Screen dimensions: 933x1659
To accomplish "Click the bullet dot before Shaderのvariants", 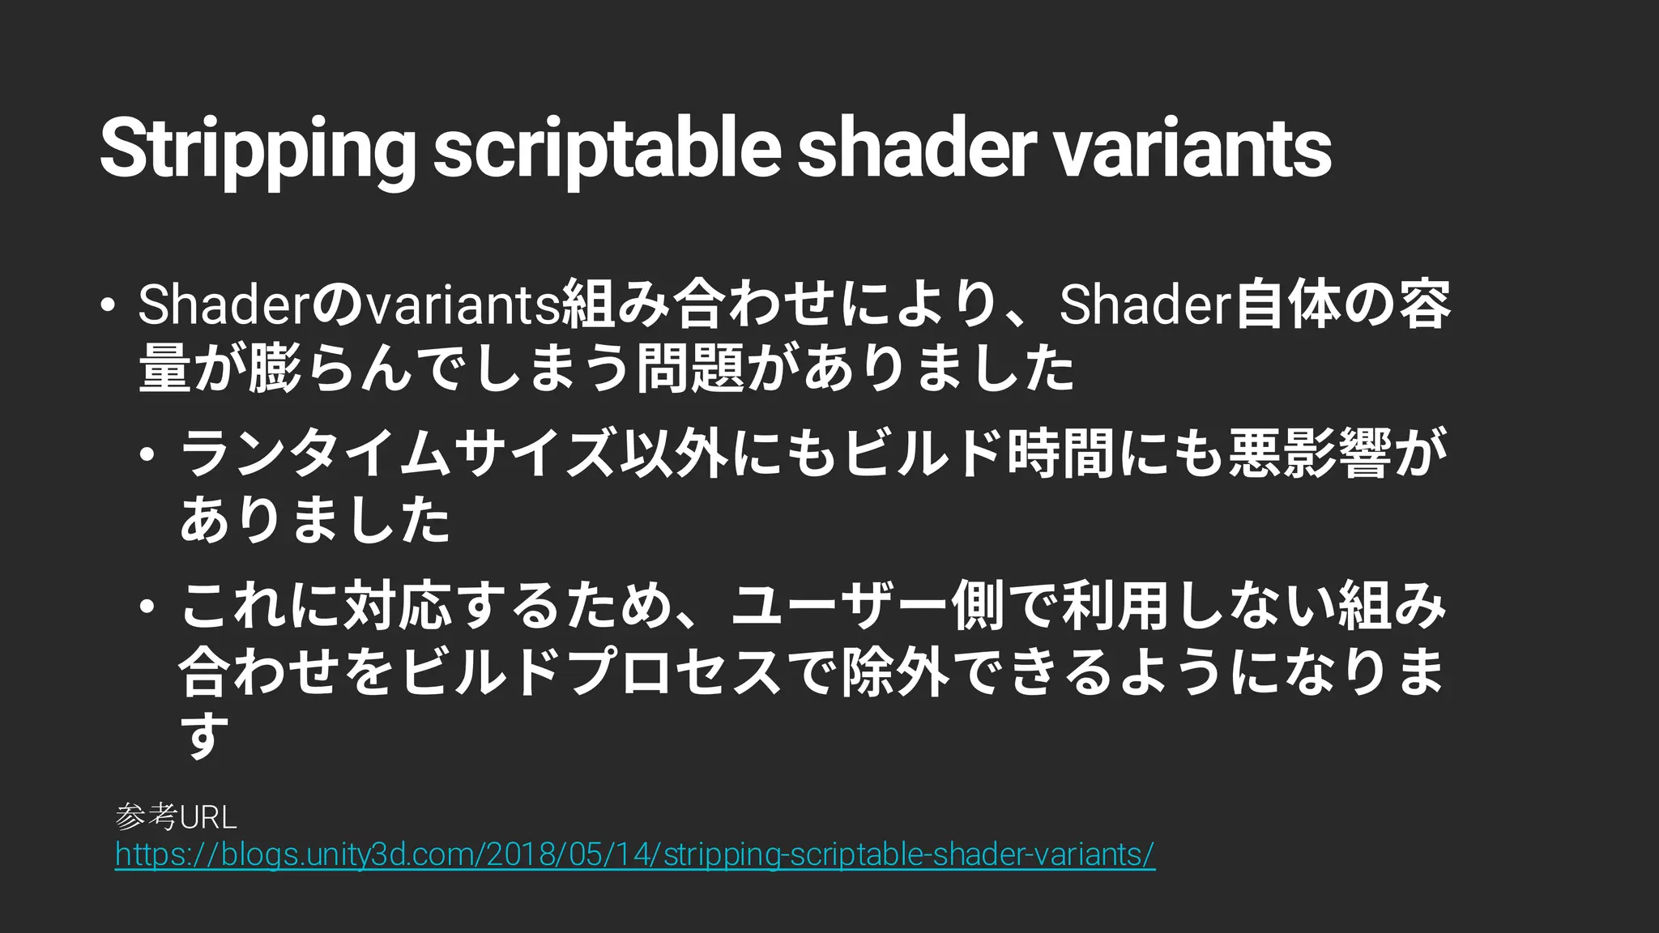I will [x=106, y=305].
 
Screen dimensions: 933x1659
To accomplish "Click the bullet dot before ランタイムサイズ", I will [x=147, y=454].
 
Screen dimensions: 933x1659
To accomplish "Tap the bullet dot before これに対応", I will [x=147, y=607].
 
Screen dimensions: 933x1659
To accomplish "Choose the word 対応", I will [x=398, y=607].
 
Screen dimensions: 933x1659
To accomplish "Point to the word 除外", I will [x=896, y=672].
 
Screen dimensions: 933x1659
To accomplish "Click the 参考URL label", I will [x=177, y=817].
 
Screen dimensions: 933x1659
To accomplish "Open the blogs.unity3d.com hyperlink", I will [x=635, y=855].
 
